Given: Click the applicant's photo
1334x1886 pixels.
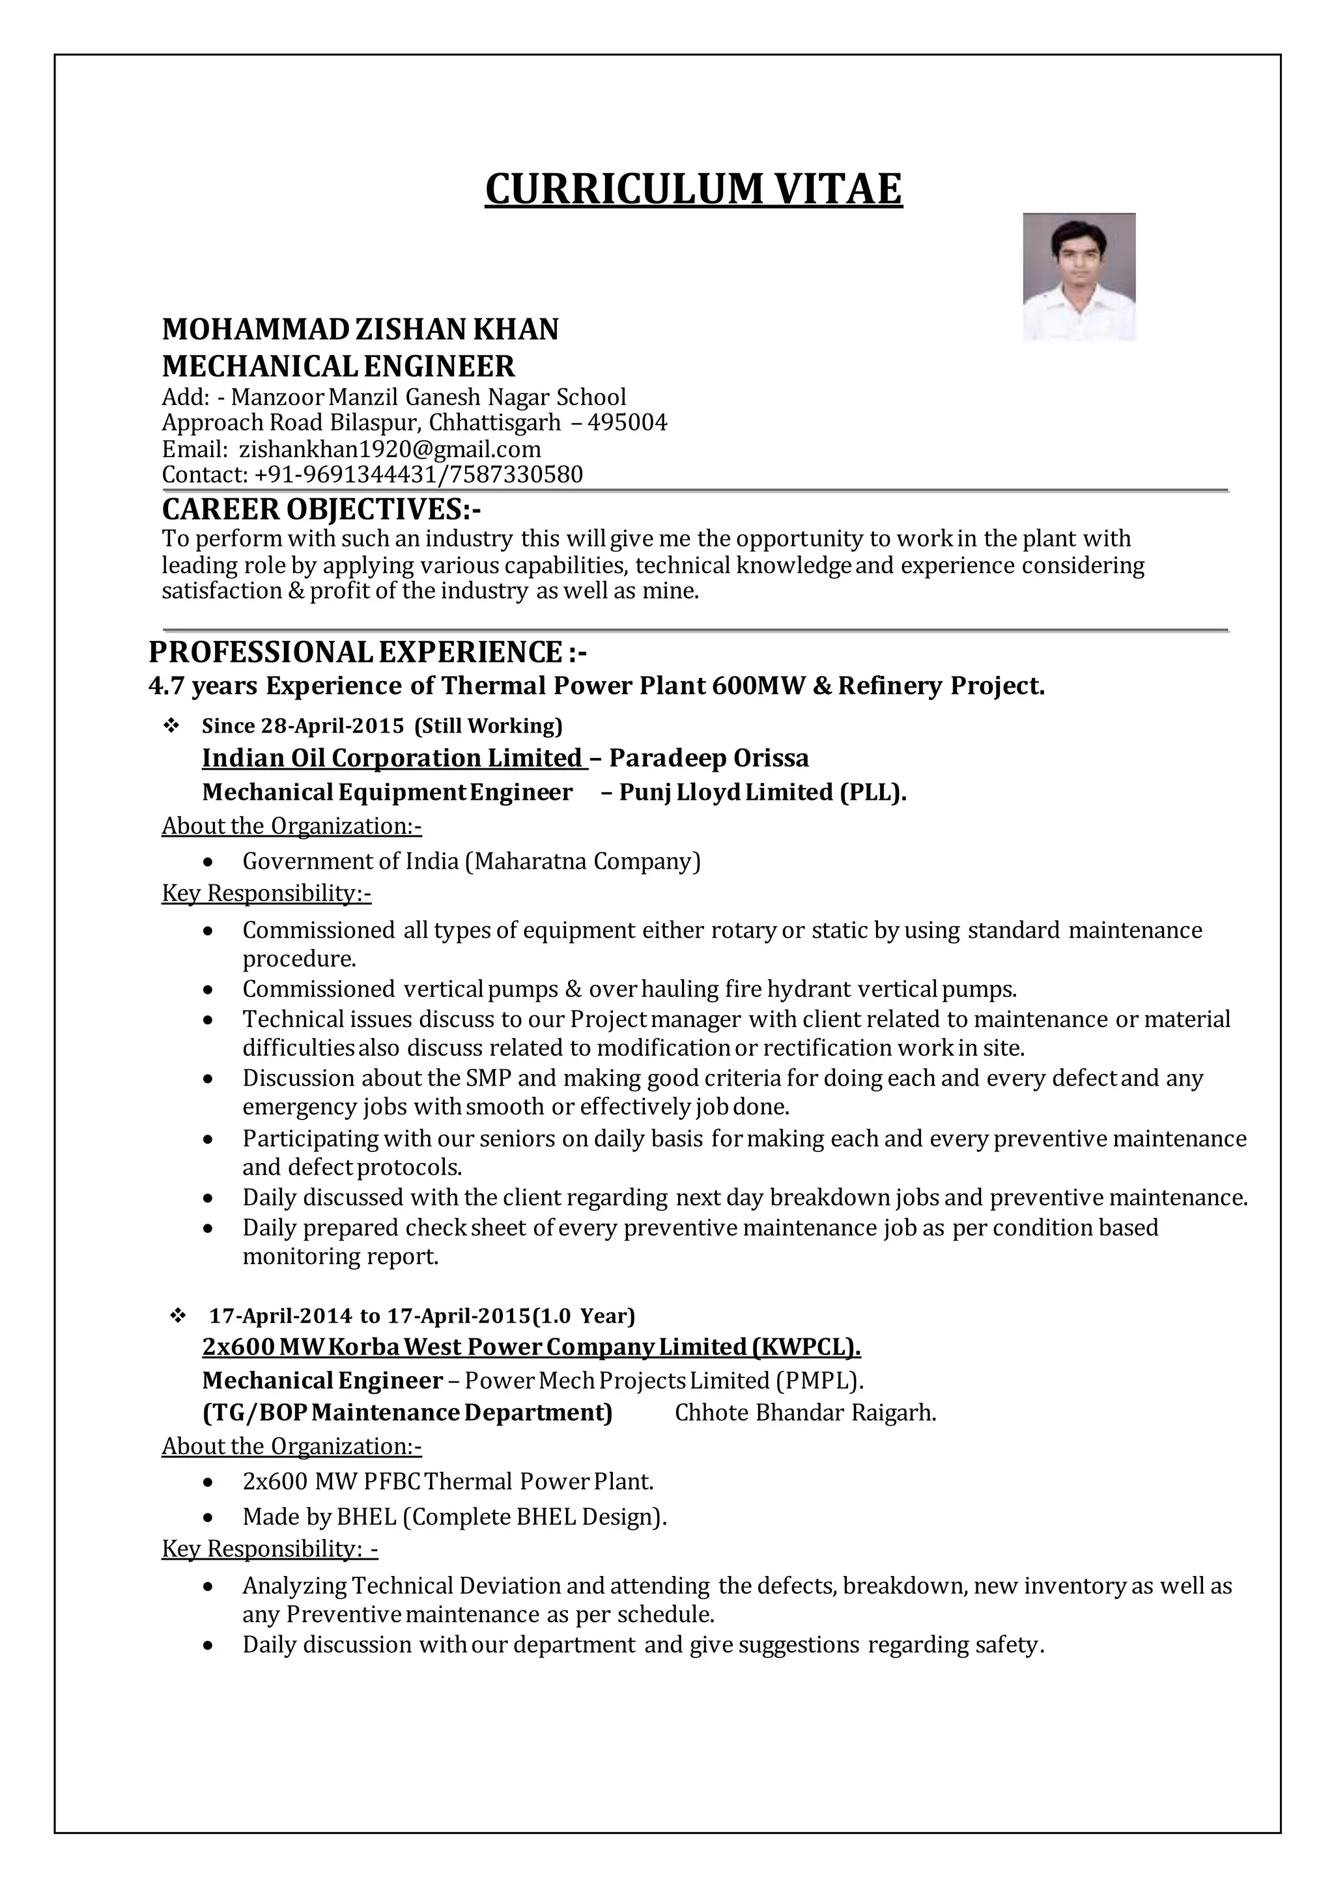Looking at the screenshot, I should point(1079,277).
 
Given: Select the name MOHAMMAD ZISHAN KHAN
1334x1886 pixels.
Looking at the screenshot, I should point(360,330).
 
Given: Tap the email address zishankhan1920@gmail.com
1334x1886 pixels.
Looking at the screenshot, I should point(390,449).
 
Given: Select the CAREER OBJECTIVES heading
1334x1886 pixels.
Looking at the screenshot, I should point(321,509).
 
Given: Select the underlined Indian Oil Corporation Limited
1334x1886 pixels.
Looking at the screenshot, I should point(392,757).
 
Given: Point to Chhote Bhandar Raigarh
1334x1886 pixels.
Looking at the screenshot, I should point(805,1413).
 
